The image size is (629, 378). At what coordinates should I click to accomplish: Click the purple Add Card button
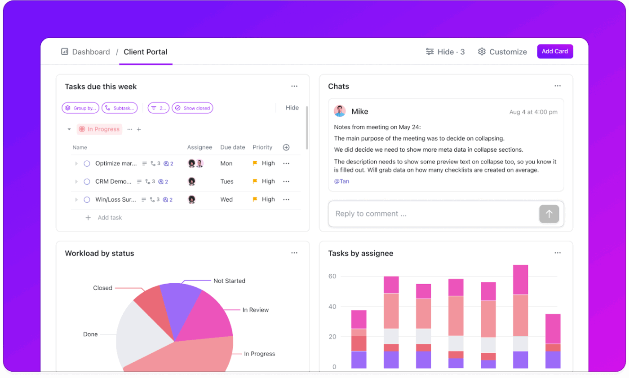(x=555, y=51)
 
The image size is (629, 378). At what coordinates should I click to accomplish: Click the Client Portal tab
(x=145, y=52)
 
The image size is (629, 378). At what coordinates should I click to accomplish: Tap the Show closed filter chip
(x=192, y=108)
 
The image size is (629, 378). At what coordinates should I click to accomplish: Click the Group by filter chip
(x=80, y=108)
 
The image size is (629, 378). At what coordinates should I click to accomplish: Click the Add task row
(x=109, y=218)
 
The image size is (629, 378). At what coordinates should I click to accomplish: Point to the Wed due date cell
(x=226, y=199)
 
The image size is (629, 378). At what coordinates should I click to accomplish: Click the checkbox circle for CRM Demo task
(x=87, y=181)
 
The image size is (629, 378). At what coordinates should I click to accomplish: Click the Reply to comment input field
(x=431, y=214)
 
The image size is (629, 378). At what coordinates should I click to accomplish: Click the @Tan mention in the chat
(x=341, y=181)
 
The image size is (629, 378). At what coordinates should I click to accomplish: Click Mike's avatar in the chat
(x=340, y=111)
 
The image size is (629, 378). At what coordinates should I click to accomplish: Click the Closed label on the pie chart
(x=102, y=288)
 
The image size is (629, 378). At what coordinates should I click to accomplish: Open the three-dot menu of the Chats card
(x=557, y=86)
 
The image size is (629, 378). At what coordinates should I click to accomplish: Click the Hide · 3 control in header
(x=445, y=52)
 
